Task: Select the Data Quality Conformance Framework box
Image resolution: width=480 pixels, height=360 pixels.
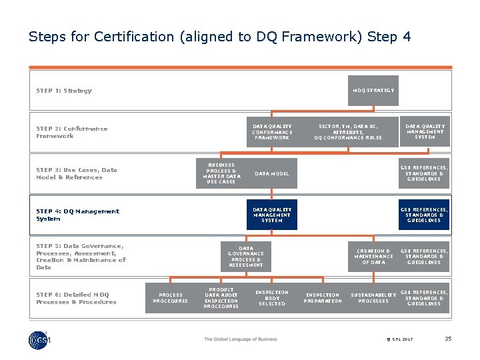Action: (271, 132)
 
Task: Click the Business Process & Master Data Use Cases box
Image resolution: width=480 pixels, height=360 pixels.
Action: (221, 173)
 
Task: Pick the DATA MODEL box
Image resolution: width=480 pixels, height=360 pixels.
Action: (272, 173)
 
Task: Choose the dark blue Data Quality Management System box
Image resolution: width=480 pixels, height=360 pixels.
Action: (271, 215)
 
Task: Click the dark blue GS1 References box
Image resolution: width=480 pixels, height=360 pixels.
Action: (424, 215)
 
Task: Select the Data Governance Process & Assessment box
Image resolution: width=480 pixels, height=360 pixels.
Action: (246, 257)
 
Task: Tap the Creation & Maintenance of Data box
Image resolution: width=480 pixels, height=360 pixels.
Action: (373, 257)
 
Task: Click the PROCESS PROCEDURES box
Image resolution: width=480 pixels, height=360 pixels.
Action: (170, 297)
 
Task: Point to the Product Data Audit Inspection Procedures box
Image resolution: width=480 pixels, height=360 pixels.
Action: (221, 298)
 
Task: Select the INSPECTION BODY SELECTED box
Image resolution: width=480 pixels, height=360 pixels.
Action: (271, 298)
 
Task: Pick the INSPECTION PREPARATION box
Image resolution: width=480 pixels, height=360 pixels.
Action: (323, 298)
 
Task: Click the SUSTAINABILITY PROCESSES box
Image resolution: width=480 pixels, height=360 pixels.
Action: (373, 298)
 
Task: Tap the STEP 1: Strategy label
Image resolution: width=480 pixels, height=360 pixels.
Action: (64, 91)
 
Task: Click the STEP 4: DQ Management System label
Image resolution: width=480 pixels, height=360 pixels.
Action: (77, 215)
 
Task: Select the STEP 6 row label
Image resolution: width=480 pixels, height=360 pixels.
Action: (76, 298)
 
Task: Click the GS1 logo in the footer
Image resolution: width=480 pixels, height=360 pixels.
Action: (39, 339)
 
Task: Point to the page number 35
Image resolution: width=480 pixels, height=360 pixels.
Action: (448, 339)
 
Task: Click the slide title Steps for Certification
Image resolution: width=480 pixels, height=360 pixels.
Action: (219, 37)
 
